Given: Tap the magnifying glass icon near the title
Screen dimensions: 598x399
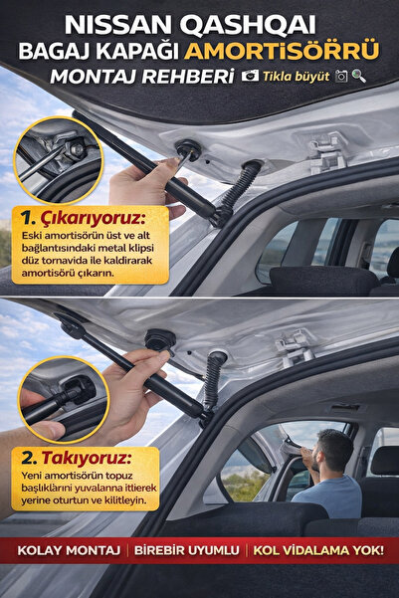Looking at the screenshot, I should coord(358,76).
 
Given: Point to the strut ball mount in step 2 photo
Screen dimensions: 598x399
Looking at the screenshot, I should coord(158,339).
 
